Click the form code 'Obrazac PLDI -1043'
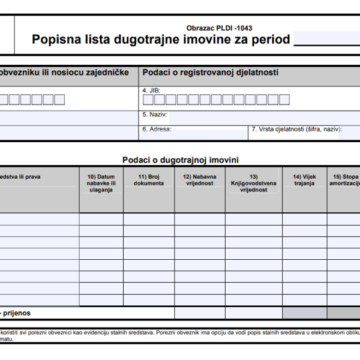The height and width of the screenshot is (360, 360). (220, 28)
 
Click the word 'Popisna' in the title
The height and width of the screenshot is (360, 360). (55, 41)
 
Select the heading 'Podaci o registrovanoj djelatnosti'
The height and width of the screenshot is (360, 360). (210, 73)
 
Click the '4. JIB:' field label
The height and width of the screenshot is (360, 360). (151, 90)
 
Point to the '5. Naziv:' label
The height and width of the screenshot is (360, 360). (155, 114)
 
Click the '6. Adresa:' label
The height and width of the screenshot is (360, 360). (157, 129)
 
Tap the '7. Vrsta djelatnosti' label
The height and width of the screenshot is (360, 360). (296, 129)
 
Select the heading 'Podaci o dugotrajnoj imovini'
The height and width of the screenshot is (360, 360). (180, 160)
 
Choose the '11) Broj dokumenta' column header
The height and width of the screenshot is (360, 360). (149, 180)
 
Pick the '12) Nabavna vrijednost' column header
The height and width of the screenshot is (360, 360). (200, 180)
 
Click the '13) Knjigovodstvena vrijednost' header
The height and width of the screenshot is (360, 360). (253, 183)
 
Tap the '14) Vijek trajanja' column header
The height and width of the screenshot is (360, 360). (305, 180)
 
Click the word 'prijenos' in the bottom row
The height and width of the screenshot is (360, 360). (17, 313)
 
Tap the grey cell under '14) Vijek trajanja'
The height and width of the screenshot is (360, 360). (305, 313)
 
